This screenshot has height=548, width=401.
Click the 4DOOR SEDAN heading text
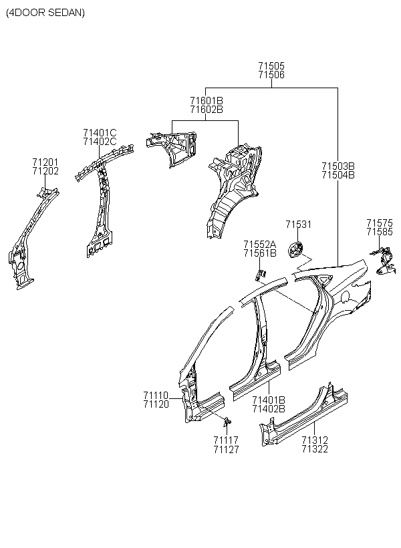[x=45, y=13]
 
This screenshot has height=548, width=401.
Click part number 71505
[x=271, y=65]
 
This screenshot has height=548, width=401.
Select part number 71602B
[x=207, y=110]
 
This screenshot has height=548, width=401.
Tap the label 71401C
[x=100, y=133]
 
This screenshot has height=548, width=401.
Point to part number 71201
[x=45, y=162]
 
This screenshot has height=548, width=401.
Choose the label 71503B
[x=338, y=166]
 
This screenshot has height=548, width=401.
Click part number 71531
[x=298, y=225]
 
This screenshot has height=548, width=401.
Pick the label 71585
[x=380, y=232]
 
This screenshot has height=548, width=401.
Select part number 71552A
[x=260, y=244]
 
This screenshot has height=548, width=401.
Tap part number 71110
[x=156, y=396]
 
